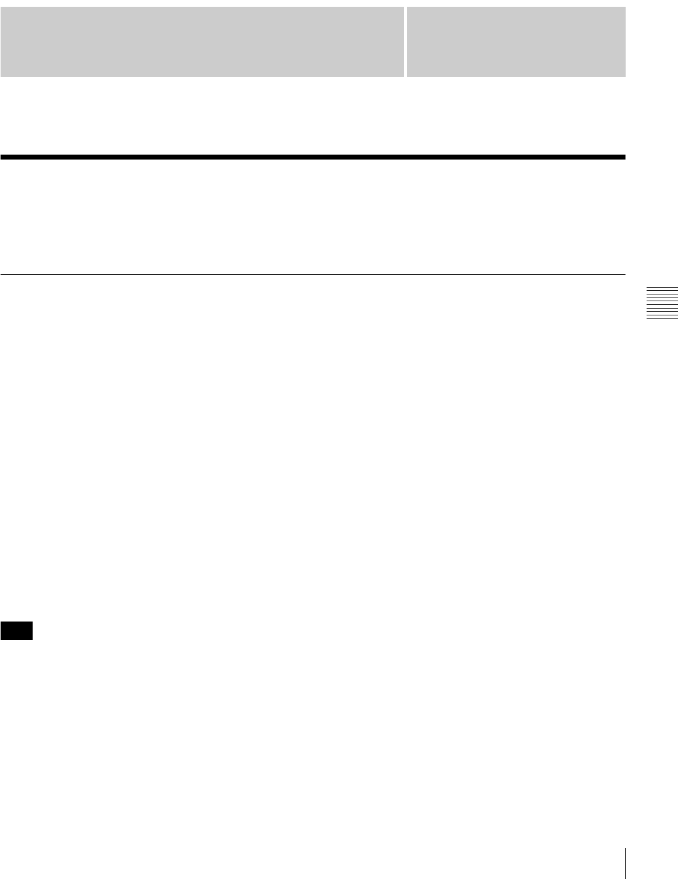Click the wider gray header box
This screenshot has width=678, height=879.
click(202, 42)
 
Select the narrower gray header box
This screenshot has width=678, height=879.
click(516, 42)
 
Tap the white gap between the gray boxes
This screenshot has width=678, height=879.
click(405, 42)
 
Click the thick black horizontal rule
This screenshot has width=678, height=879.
click(313, 157)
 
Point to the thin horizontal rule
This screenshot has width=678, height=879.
click(313, 274)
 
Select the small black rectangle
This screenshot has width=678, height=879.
click(17, 631)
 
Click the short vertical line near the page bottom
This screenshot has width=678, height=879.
click(625, 863)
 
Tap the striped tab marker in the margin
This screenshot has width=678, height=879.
click(662, 303)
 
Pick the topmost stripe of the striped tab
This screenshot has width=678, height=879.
click(662, 288)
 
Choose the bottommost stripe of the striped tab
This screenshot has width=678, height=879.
click(662, 318)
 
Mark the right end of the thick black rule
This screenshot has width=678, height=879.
click(624, 157)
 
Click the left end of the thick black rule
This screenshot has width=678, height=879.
click(2, 157)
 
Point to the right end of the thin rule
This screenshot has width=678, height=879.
click(624, 274)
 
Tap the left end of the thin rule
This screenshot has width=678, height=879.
click(1, 274)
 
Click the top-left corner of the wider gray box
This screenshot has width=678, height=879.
click(1, 8)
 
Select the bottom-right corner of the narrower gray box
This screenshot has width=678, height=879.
click(624, 76)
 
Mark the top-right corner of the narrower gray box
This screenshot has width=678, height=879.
click(624, 8)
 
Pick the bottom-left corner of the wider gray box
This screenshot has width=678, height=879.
click(1, 76)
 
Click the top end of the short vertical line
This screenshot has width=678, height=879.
click(625, 849)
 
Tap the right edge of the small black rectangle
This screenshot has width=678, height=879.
click(32, 631)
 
